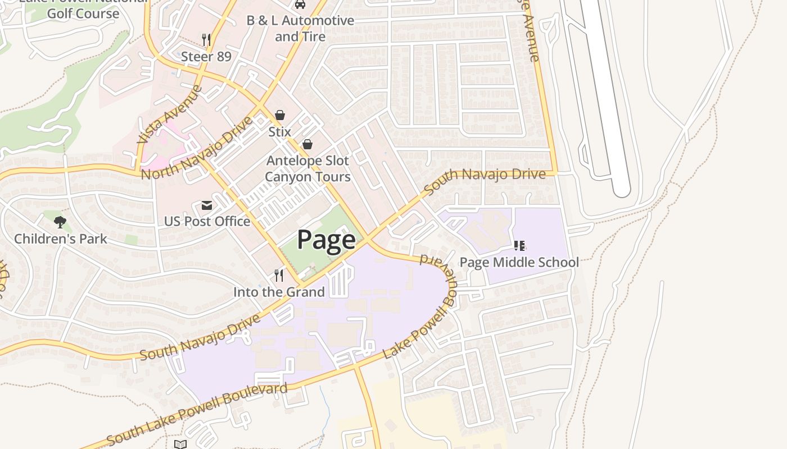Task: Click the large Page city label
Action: (326, 240)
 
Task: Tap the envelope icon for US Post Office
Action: (207, 205)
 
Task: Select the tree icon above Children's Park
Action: (60, 222)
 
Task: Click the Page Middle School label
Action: (519, 262)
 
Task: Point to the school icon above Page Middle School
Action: (519, 246)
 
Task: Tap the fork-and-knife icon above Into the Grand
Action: (279, 275)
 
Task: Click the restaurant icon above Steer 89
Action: (206, 39)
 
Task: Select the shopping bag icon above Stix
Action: (279, 115)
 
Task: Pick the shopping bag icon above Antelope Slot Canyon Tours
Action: (307, 144)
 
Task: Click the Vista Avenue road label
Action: (169, 114)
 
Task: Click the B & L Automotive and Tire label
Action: (300, 28)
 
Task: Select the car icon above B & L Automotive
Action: (300, 4)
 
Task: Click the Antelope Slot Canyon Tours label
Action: (307, 168)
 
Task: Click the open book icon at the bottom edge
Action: (180, 445)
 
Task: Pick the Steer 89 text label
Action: (206, 56)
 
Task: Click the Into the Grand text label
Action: (279, 292)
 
